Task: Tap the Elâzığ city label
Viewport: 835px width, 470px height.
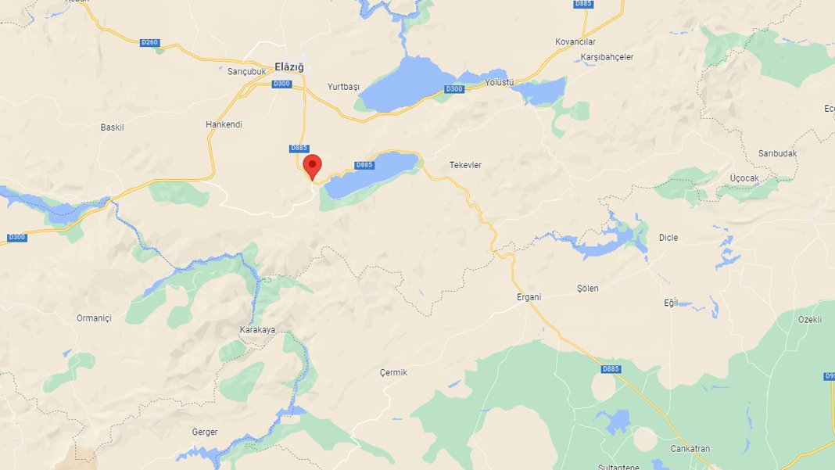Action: click(x=288, y=67)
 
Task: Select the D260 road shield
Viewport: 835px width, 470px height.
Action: click(x=150, y=42)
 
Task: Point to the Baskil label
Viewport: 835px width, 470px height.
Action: click(x=113, y=127)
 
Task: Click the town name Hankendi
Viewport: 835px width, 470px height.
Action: click(x=224, y=124)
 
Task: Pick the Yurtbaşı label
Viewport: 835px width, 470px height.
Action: click(x=343, y=86)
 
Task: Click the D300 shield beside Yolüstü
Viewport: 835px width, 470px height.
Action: click(x=454, y=89)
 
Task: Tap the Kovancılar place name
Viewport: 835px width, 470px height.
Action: click(x=575, y=41)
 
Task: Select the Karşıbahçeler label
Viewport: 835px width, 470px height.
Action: click(x=607, y=57)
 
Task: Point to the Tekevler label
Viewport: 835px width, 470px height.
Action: click(x=465, y=165)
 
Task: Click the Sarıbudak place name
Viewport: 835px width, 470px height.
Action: click(x=777, y=153)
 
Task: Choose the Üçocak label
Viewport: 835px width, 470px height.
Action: click(x=744, y=178)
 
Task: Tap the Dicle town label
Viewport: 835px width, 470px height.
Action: click(x=668, y=238)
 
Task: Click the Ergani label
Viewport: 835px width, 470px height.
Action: click(x=529, y=297)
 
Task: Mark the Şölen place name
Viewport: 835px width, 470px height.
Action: click(x=587, y=289)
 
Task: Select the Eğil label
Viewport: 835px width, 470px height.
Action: click(x=671, y=303)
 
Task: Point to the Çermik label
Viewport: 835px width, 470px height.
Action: click(x=393, y=373)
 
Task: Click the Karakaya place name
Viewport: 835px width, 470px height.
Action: click(x=257, y=330)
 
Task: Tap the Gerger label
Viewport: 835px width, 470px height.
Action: click(x=205, y=432)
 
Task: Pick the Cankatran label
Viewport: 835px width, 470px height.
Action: click(x=690, y=449)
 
